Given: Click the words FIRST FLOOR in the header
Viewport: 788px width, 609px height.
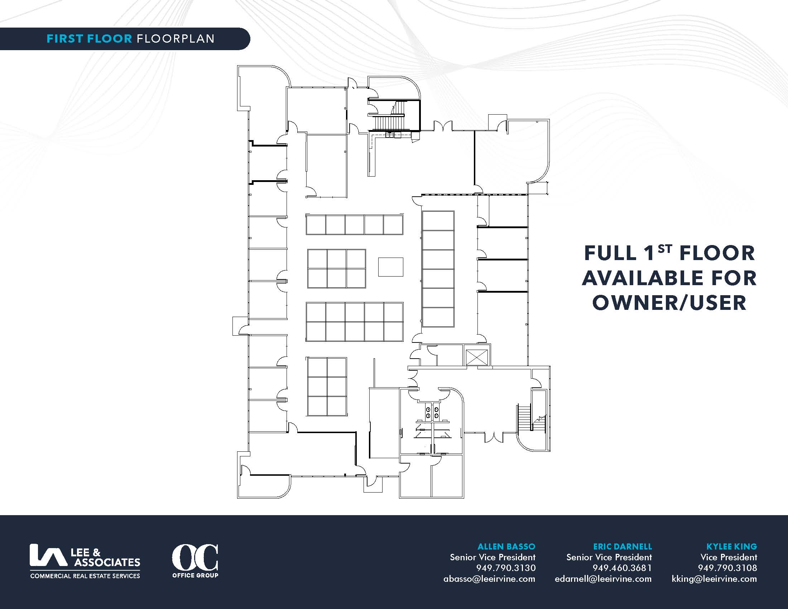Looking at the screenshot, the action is (89, 39).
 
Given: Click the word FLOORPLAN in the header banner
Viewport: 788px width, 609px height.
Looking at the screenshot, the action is (176, 39).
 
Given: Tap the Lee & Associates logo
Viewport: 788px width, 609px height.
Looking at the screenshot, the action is (85, 561).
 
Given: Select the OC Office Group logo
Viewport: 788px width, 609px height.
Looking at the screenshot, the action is (195, 561).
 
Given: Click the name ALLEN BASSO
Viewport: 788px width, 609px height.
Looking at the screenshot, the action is (506, 547).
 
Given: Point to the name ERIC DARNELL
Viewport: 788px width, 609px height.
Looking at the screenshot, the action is (623, 547).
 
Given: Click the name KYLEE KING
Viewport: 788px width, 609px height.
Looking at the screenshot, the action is (732, 547).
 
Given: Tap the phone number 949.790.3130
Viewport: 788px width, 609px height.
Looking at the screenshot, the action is (506, 568).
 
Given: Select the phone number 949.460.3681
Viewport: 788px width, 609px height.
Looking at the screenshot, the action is (623, 568).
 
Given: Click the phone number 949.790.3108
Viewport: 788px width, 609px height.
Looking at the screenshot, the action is (727, 568).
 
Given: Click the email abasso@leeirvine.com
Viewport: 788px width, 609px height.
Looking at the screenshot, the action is (489, 579).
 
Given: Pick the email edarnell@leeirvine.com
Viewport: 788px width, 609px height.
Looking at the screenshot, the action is (603, 579).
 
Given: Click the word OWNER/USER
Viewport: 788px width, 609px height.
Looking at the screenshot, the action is (669, 303).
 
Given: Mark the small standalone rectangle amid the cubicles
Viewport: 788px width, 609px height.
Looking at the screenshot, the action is (390, 267).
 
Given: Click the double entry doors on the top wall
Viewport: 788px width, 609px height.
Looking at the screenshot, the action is (443, 126).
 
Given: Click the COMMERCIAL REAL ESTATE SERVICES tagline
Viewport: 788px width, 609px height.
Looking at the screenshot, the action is (85, 576).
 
